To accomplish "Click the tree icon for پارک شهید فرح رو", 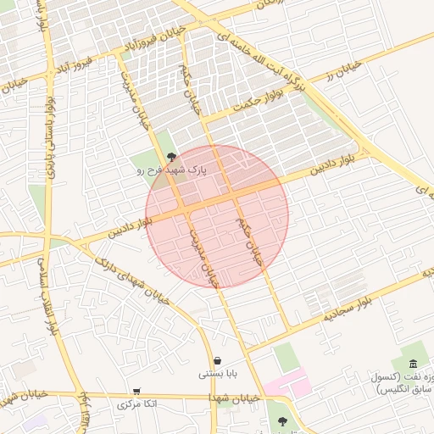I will click(x=172, y=157).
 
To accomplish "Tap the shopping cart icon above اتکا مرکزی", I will click(x=136, y=392).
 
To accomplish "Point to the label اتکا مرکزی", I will click(x=137, y=404).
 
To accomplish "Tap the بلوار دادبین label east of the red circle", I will click(x=339, y=162).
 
